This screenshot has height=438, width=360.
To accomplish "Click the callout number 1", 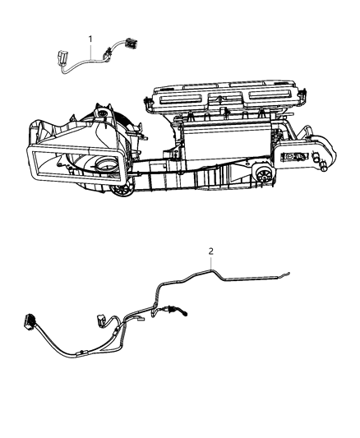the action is point(90,39).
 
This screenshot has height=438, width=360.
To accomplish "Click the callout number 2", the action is point(211,251).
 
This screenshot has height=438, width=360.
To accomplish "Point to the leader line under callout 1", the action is point(90,51).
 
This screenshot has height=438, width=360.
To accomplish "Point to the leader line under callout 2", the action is point(211,263).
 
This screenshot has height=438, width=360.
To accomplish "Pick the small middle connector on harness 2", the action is point(101,319).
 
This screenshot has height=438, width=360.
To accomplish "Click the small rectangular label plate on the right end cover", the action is point(295,156).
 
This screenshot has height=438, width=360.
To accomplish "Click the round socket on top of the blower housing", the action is point(104,113).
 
